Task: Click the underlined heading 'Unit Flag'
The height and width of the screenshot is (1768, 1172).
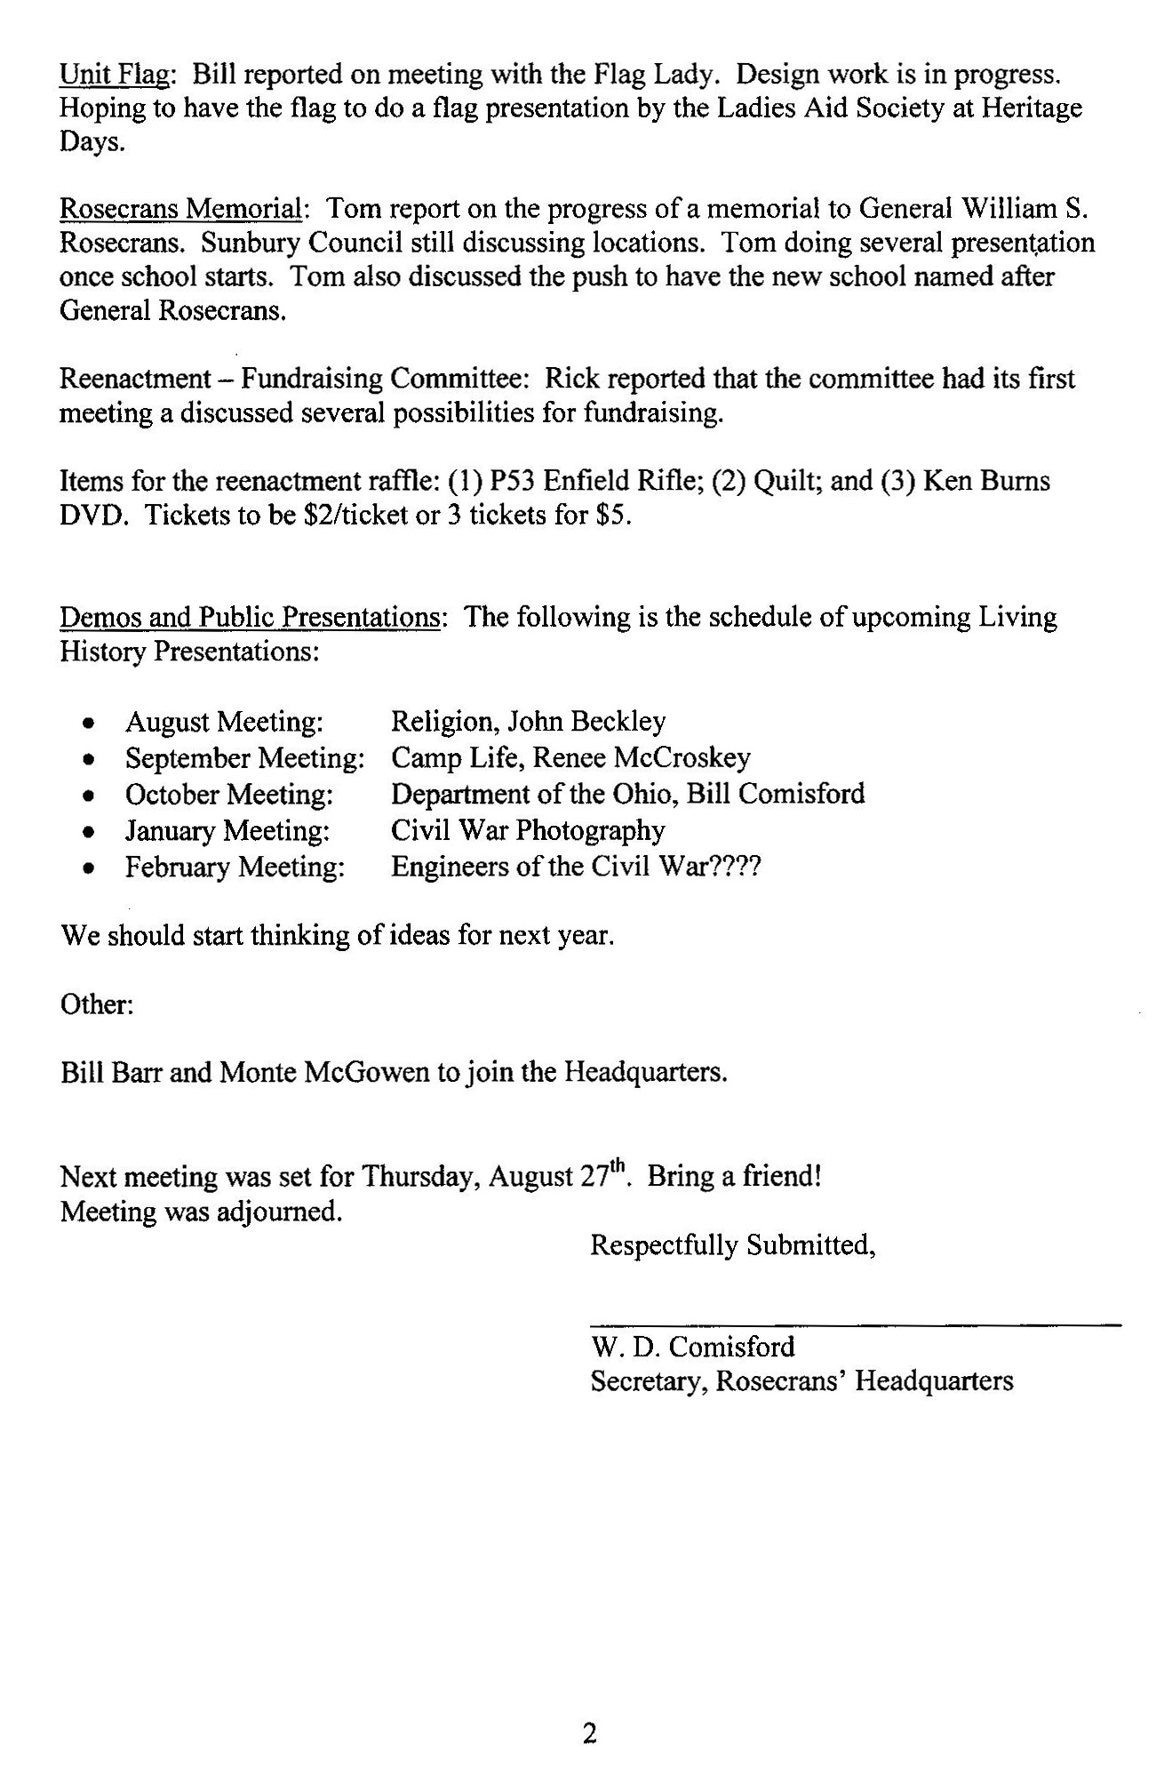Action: click(114, 75)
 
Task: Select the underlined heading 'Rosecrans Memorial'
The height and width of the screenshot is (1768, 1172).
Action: click(180, 209)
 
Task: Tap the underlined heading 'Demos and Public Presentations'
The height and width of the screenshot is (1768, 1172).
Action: click(249, 617)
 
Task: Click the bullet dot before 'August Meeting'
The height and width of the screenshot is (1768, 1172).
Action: click(88, 724)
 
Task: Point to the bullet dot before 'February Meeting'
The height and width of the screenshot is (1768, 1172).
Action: click(88, 868)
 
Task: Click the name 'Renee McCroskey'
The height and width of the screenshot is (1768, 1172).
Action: click(642, 758)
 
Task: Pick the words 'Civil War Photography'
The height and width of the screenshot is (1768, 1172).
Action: click(528, 831)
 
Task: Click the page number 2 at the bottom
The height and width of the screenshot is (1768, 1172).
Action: click(589, 1733)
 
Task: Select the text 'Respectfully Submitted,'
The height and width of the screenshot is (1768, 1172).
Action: click(733, 1245)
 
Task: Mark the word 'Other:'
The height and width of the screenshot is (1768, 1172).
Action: click(97, 1004)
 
